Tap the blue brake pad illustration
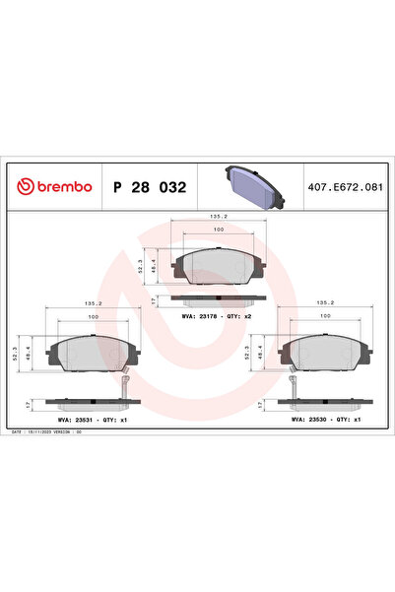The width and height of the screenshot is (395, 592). [252, 185]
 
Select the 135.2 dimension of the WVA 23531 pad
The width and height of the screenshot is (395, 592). [94, 303]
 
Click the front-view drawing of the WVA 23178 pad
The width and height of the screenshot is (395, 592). [218, 265]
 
